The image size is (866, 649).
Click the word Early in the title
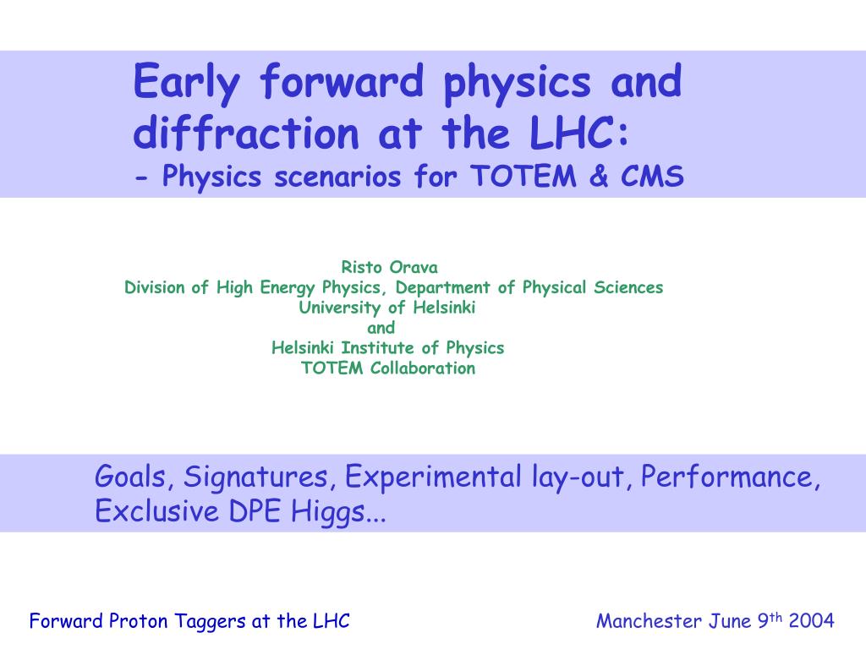tap(187, 84)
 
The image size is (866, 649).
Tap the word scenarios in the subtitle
tap(337, 177)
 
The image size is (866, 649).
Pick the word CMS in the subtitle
tap(652, 177)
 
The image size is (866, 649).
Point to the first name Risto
tap(362, 267)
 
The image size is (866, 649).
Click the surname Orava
tap(414, 267)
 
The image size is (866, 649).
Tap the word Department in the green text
tap(442, 287)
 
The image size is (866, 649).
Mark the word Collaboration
tap(423, 368)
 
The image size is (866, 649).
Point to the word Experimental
tap(433, 477)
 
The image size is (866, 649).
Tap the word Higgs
tap(328, 511)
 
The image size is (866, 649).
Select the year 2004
tap(811, 621)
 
